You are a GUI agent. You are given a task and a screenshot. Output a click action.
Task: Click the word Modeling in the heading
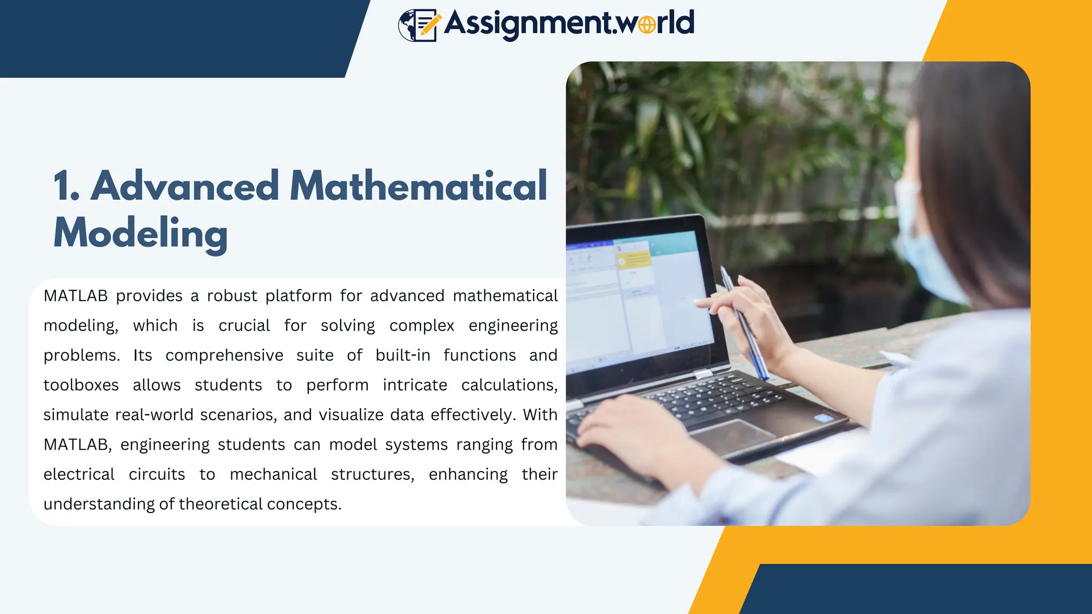[141, 233]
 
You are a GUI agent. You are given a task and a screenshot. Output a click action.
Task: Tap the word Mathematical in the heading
[419, 186]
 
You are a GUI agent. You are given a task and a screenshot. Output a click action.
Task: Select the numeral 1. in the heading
[66, 187]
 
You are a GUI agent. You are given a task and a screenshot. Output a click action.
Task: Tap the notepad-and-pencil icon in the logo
[419, 25]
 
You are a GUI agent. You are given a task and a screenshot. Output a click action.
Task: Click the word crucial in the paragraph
[244, 326]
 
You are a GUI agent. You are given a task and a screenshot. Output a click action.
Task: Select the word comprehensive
[224, 356]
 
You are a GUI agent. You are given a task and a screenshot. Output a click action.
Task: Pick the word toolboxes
[81, 385]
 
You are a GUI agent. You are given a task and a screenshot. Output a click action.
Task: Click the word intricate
[415, 385]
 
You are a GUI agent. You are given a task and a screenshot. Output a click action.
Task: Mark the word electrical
[79, 474]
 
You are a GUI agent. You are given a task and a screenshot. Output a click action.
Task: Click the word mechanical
[273, 474]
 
